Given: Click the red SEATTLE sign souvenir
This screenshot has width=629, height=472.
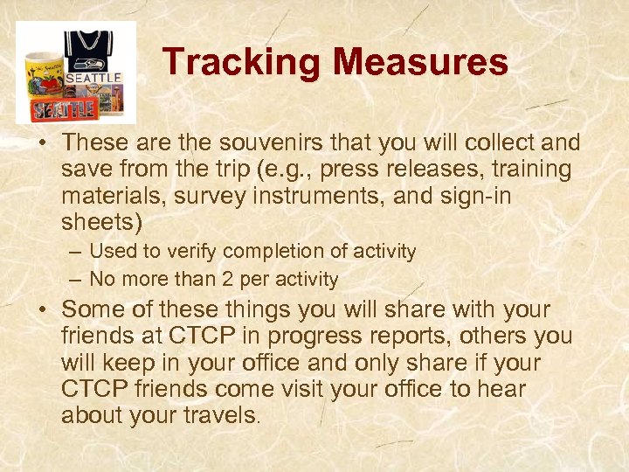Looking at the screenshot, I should [66, 109].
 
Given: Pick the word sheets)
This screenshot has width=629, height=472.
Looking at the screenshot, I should [102, 221].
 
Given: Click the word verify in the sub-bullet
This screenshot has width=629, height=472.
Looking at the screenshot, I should [191, 252].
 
